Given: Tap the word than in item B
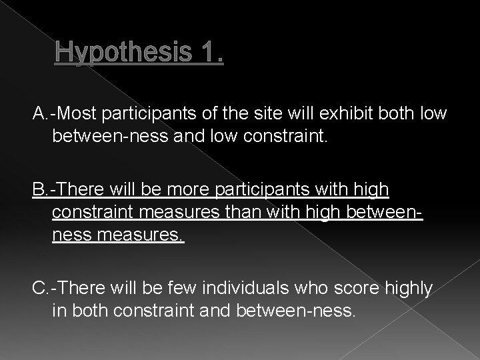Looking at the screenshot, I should click(245, 211).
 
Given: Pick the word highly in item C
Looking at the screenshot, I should click(407, 288).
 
